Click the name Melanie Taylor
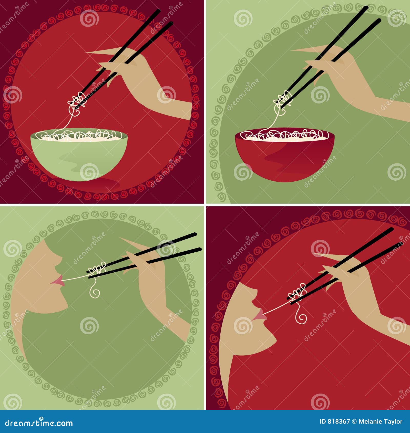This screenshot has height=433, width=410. pos(380,422)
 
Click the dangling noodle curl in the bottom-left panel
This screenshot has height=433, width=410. pos(95,291)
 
